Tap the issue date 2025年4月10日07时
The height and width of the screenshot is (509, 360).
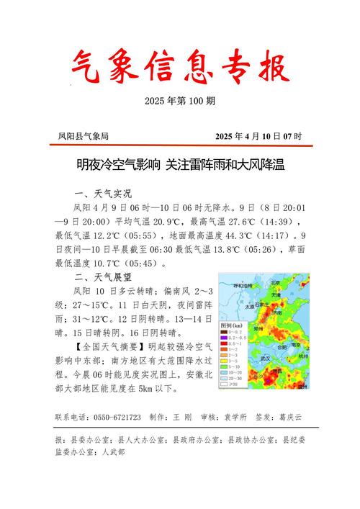point(258,136)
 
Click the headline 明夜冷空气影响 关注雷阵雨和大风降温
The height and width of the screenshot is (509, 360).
point(180,166)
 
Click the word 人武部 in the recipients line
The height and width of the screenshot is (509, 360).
point(114,452)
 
